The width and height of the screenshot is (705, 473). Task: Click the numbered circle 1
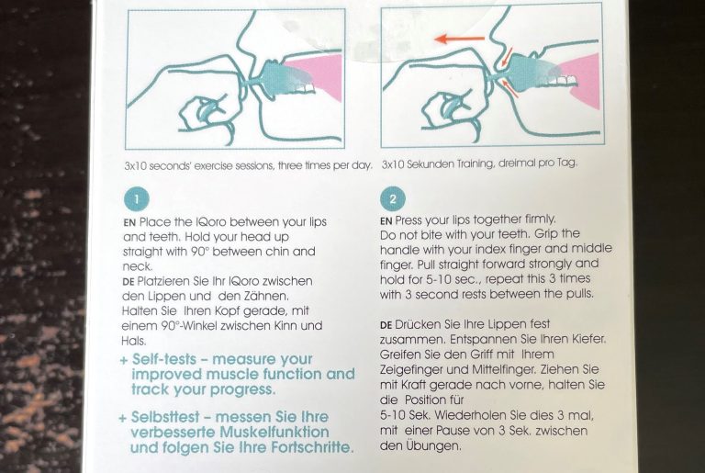coord(136,198)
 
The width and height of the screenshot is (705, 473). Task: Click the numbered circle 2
coord(393,199)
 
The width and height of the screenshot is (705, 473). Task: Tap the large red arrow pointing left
coord(460,39)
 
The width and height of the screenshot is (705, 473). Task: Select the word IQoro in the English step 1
coord(212,222)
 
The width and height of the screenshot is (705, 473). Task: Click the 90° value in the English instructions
coord(200,252)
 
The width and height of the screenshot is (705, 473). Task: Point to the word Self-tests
coord(164,359)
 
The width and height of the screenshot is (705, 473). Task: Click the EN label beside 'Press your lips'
coord(386,221)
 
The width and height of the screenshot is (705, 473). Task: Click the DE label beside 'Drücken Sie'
coord(386,325)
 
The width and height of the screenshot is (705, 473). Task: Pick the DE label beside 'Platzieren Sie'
coord(129,282)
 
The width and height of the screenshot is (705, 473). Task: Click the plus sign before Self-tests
coord(124,360)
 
